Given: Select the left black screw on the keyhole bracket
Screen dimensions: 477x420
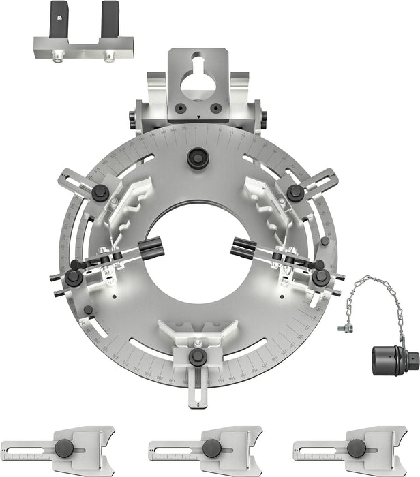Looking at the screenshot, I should coord(180,107).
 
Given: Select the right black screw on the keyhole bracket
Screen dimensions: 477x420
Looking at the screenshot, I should coord(215,107).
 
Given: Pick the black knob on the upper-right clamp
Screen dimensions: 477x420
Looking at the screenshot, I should coord(295,192).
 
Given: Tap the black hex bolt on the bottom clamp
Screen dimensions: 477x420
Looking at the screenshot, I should coord(198,356).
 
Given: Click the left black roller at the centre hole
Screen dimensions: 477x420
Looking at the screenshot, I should coord(151,247).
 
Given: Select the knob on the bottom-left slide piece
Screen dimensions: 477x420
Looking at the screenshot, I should coord(65,448).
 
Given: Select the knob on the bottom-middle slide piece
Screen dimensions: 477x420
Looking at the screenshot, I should coord(211,448).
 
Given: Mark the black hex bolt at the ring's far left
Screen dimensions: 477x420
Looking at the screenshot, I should coord(73,277).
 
